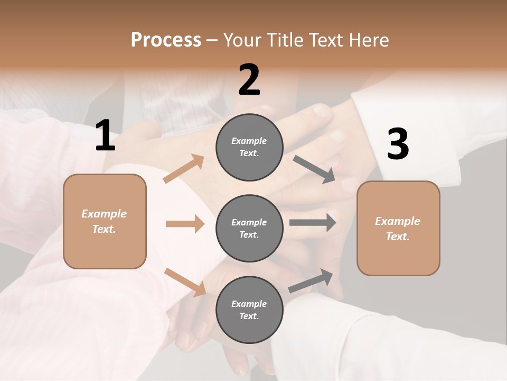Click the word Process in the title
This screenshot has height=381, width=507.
point(166,40)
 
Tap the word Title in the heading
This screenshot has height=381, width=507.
point(284,40)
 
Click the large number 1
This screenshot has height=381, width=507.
point(105,136)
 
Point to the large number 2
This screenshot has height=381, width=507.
point(249,80)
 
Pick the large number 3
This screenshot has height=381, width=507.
point(398,144)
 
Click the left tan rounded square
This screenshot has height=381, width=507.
point(105,221)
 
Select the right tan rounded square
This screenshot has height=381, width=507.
point(398,229)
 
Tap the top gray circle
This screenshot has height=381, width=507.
point(249,147)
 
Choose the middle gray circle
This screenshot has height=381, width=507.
point(249,228)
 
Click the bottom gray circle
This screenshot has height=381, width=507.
point(249,310)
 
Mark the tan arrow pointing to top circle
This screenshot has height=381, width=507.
point(184,169)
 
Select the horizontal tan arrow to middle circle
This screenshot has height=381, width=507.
point(185,224)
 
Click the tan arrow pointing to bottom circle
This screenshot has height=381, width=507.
point(185,282)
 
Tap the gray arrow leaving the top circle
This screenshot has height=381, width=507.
point(314,169)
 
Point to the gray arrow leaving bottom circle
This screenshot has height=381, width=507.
point(311,280)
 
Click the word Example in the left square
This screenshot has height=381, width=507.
point(104,214)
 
